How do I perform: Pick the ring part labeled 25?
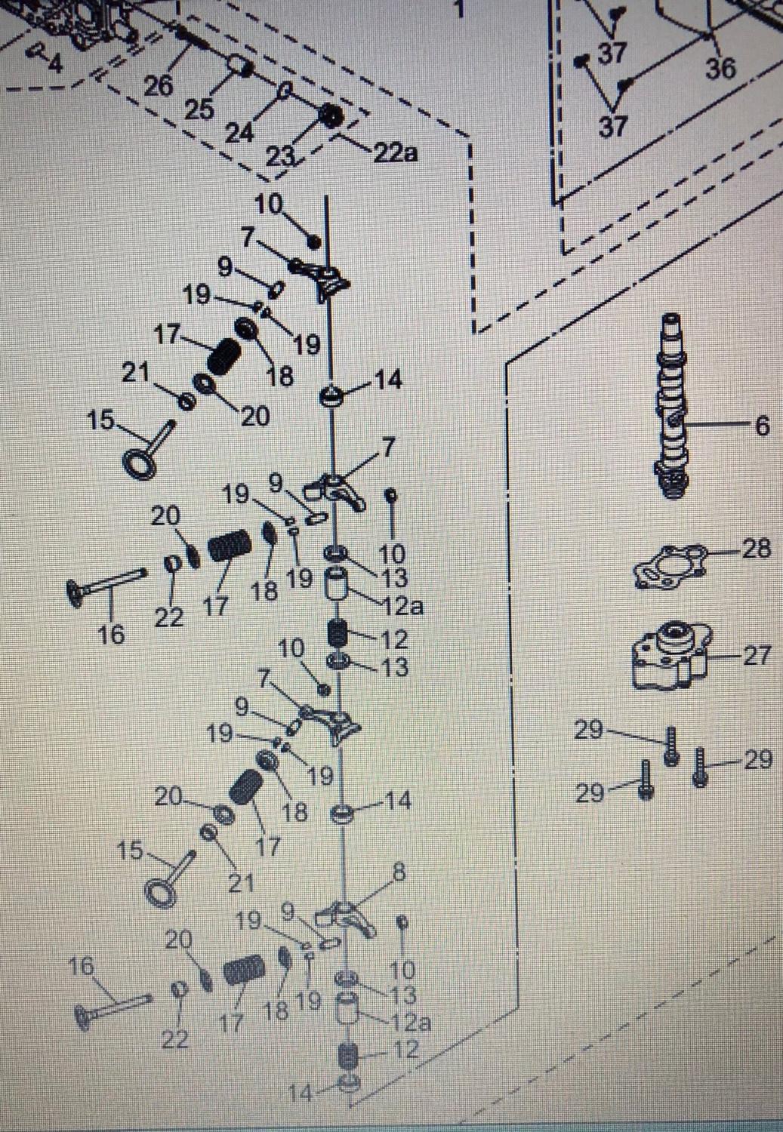(x=239, y=66)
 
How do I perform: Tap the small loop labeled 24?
(x=285, y=91)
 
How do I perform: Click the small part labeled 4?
(x=36, y=50)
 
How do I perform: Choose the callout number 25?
(x=199, y=109)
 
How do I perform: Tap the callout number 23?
(x=281, y=156)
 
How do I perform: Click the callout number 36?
(x=720, y=68)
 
